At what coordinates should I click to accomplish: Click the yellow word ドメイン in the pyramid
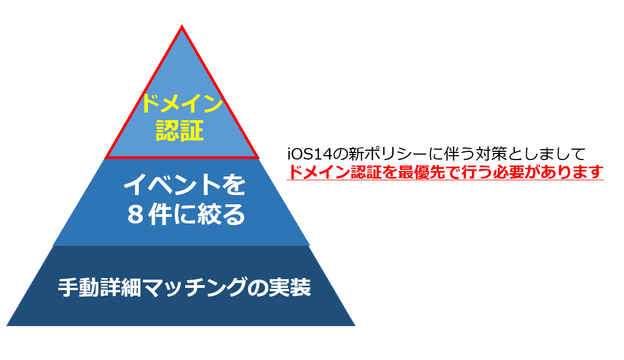181,103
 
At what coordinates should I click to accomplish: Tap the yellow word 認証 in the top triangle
180,131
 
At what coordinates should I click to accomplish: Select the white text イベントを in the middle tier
185,185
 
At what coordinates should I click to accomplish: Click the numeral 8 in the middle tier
136,215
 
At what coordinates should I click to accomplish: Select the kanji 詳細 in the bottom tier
121,287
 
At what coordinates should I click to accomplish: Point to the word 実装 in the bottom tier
290,287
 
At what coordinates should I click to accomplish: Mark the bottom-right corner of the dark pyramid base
355,326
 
